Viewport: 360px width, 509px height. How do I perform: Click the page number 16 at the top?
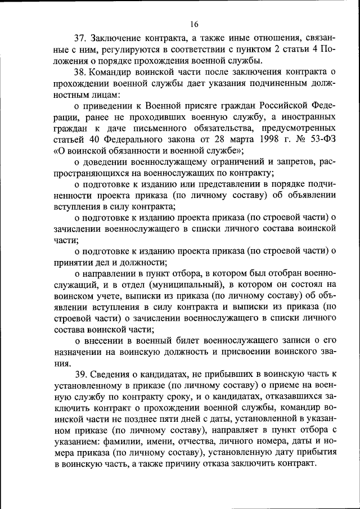click(x=195, y=24)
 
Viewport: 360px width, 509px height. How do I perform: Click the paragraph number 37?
click(x=82, y=38)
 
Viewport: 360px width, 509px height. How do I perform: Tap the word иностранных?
click(x=307, y=116)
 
